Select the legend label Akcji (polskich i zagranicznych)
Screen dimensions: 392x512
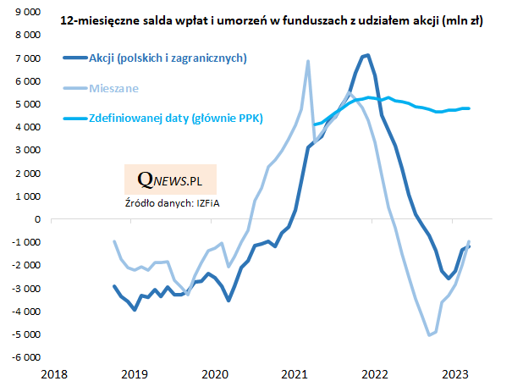[x=168, y=58]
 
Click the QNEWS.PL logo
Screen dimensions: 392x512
[x=169, y=179]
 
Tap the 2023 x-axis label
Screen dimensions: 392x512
[x=454, y=373]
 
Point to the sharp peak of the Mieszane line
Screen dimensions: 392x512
[x=307, y=61]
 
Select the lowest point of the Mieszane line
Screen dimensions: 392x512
[x=429, y=334]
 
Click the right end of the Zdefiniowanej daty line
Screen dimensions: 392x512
[x=470, y=108]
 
